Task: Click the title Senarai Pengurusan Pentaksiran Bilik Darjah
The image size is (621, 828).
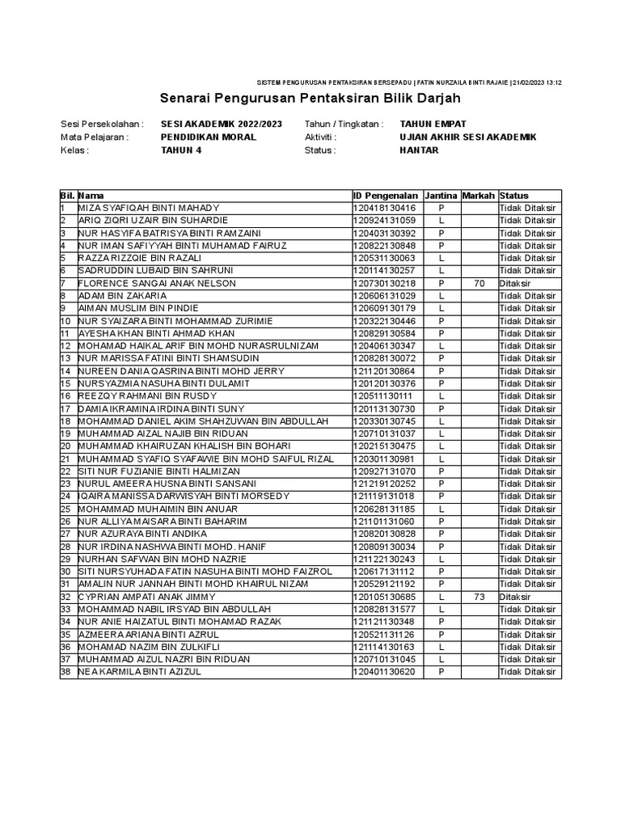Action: coord(310,99)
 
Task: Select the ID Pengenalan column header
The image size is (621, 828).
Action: coord(386,196)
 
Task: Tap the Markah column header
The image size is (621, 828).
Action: coord(478,196)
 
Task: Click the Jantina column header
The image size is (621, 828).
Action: coord(441,196)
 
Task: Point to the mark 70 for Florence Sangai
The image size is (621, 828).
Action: coord(478,283)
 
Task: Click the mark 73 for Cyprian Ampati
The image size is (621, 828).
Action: coord(478,597)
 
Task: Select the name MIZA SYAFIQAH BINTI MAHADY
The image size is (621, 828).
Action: coord(148,208)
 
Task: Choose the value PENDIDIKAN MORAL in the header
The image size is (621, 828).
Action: coord(209,137)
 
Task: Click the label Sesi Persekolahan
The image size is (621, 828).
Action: coord(102,125)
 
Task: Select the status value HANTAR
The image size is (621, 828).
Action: coord(419,150)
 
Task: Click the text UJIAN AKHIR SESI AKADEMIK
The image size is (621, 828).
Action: coord(467,137)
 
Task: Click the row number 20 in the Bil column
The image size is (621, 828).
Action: coord(65,446)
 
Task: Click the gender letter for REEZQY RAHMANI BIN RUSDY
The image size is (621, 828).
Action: coord(441,396)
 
